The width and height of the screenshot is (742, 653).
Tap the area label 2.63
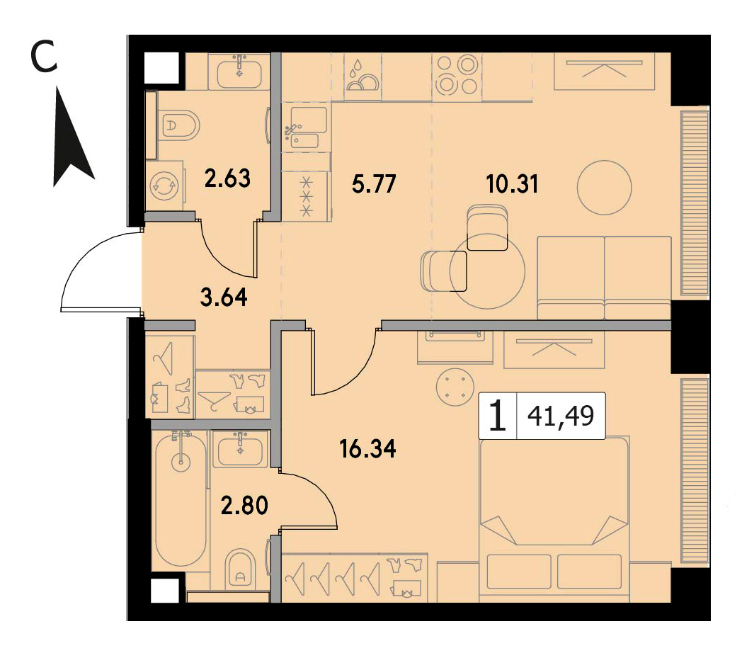227,179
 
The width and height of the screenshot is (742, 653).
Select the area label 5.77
374,183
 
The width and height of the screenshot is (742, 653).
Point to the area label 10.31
513,183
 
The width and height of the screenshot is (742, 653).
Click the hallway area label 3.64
224,298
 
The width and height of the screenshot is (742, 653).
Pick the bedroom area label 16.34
367,449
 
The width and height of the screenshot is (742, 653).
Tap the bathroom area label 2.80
245,505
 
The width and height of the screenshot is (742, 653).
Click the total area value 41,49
561,416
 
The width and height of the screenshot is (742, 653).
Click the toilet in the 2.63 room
179,125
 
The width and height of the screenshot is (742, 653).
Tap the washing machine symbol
164,186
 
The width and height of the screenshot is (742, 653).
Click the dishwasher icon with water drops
363,76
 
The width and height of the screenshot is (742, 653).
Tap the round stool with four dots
455,387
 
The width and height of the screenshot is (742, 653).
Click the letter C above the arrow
43,57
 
